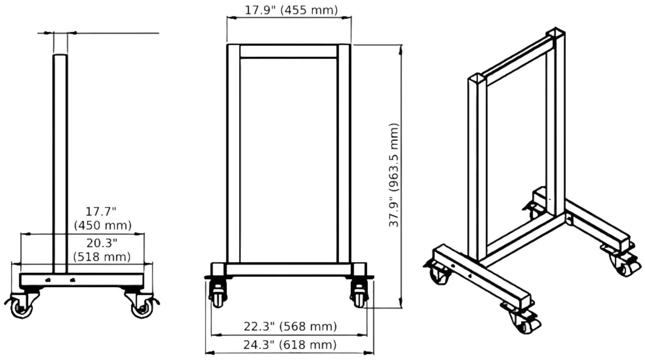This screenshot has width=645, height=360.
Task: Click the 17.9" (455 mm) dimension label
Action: pos(291,10)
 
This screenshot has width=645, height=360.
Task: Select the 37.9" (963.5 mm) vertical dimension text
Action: pos(394,175)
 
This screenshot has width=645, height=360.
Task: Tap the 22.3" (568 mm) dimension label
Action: pos(290,327)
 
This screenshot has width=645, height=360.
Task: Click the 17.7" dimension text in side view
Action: pos(101,211)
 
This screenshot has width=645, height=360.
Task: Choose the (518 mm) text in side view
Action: pos(102,257)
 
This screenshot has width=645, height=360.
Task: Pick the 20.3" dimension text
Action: pos(102,243)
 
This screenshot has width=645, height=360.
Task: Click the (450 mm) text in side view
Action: pos(103,225)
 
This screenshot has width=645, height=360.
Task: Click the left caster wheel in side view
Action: pos(21,308)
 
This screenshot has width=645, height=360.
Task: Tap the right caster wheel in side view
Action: pos(142,308)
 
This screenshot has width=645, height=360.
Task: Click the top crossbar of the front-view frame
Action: pos(288,51)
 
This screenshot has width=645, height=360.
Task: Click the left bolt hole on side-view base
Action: pos(48,280)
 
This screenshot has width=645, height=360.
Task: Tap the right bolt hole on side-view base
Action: pos(73,280)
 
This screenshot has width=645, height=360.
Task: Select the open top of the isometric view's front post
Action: pos(476,79)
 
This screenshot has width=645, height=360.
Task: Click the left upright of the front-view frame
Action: pos(233,154)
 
